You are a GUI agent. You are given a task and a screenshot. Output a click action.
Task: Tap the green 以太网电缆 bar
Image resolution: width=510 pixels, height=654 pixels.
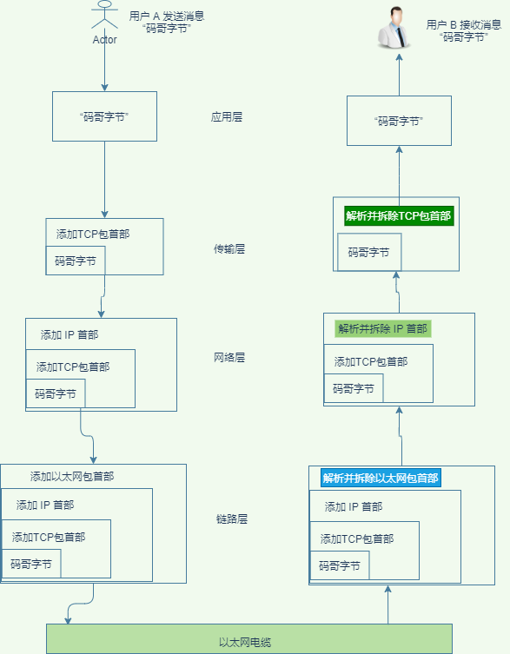coord(248,638)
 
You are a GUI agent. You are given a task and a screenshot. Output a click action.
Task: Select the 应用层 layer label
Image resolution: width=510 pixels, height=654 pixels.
coord(226,116)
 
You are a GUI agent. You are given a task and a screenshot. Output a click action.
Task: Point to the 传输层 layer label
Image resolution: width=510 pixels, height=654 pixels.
coord(229,248)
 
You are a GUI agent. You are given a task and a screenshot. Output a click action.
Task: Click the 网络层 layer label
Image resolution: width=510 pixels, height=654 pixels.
coord(229,357)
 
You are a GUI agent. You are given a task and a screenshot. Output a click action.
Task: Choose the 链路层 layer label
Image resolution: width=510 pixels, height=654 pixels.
coord(232,519)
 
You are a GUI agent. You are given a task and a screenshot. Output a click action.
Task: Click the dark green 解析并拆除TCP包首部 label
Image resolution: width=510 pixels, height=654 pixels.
coord(398,216)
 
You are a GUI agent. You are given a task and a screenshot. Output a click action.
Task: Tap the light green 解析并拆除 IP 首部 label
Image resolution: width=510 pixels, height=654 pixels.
coord(382,329)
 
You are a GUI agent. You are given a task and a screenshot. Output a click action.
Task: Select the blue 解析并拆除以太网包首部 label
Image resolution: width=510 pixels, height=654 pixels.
coord(381,478)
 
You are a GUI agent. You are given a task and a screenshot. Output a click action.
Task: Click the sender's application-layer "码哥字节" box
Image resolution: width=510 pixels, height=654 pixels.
coord(104,116)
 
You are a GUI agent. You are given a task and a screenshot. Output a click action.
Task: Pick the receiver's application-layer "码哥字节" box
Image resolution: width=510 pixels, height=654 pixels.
coord(399,122)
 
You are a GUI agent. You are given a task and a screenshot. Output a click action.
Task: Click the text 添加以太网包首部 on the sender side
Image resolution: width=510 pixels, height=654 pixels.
coord(71,476)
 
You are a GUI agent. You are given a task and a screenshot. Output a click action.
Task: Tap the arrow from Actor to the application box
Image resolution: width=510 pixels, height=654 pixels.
coord(104,69)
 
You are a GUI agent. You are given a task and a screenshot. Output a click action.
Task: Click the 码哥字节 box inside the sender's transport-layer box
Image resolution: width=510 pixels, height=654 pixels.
coord(75,261)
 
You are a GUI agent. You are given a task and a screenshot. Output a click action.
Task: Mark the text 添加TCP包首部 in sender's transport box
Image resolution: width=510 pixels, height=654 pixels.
coord(93,234)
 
